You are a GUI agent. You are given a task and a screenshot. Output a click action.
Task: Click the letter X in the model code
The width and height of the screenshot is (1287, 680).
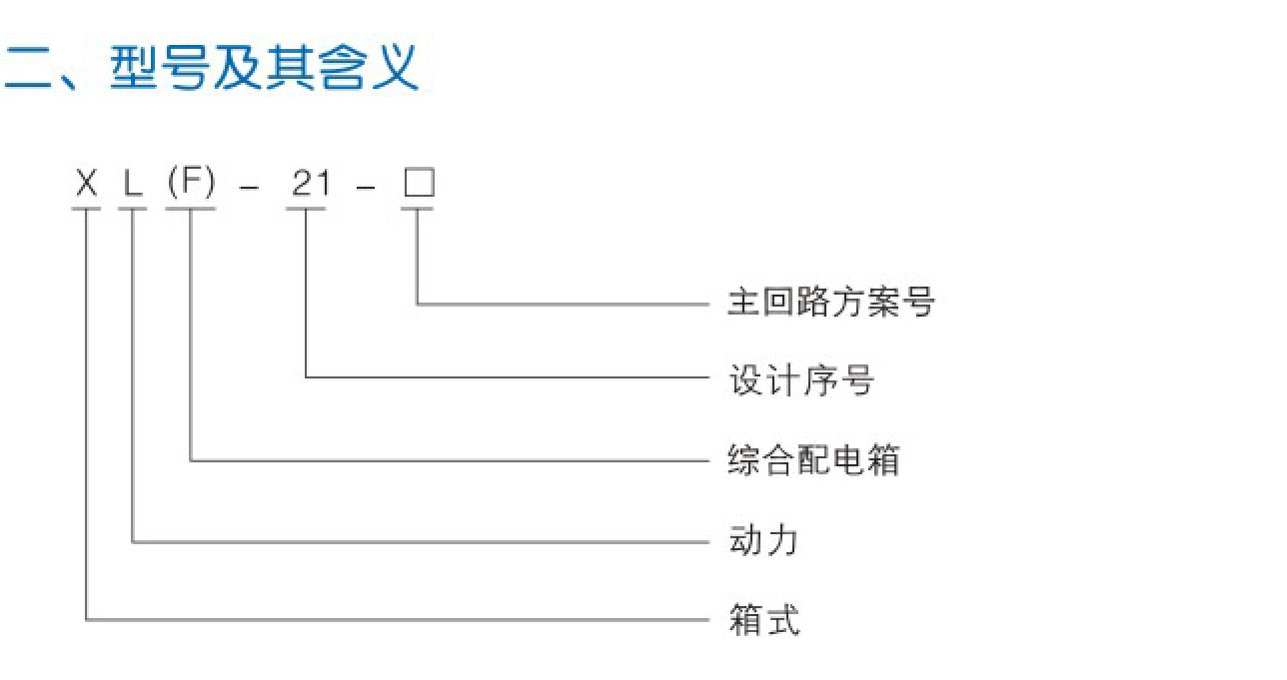coord(87,184)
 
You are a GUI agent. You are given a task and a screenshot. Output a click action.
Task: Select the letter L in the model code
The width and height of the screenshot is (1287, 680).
coord(132,185)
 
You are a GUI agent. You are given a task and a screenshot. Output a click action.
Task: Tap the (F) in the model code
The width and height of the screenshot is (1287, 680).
coord(191,184)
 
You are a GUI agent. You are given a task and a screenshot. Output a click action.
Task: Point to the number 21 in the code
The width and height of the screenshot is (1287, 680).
coord(310,184)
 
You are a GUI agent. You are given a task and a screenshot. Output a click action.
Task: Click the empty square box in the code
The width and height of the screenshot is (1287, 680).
coord(419,184)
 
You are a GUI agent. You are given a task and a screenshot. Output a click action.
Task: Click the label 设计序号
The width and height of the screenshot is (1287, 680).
coord(802,379)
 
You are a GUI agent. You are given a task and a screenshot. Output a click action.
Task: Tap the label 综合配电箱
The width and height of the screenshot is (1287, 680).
coord(814,460)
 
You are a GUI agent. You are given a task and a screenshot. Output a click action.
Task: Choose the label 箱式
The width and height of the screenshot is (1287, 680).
coord(765,620)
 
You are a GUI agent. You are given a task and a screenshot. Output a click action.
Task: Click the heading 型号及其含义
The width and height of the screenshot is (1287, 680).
coord(264,69)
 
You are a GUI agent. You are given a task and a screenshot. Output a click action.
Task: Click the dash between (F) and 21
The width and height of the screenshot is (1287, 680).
coord(250,188)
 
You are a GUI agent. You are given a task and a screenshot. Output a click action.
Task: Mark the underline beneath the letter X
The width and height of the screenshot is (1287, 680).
coord(87,209)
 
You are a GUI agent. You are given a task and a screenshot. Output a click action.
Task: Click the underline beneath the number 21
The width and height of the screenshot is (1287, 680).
coord(306,209)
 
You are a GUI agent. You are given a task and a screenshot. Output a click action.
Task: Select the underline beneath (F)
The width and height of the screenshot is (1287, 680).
coord(191,209)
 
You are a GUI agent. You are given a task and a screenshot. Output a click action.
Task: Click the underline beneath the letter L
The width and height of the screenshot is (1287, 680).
coord(133,209)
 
